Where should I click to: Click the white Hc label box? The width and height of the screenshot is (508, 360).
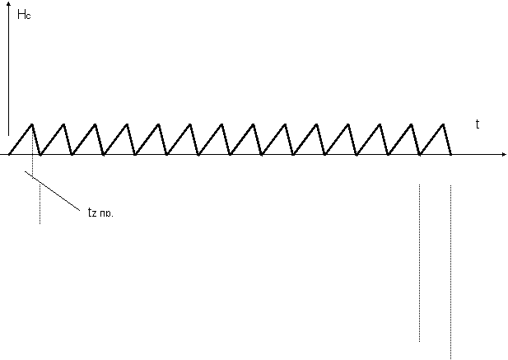(26, 15)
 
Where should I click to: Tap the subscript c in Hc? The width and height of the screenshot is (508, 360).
(30, 16)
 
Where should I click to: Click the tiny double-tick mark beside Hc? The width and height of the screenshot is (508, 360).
(8, 15)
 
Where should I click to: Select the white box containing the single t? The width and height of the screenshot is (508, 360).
(486, 124)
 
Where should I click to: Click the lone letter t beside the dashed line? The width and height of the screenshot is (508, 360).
(478, 125)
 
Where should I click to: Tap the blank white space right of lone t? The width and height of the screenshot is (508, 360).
(490, 124)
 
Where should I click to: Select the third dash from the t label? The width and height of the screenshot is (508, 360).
(422, 146)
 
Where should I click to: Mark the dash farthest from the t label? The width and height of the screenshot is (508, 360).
(408, 153)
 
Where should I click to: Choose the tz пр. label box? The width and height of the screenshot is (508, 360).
(103, 211)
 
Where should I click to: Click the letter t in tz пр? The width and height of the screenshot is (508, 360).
(90, 212)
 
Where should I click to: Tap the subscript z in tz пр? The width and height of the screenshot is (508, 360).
(96, 213)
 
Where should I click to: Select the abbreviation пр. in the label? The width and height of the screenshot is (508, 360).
(109, 213)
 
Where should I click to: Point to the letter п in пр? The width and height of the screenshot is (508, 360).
(105, 213)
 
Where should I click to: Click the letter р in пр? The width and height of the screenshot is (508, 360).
(110, 213)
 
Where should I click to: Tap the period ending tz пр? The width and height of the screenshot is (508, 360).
(115, 215)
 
